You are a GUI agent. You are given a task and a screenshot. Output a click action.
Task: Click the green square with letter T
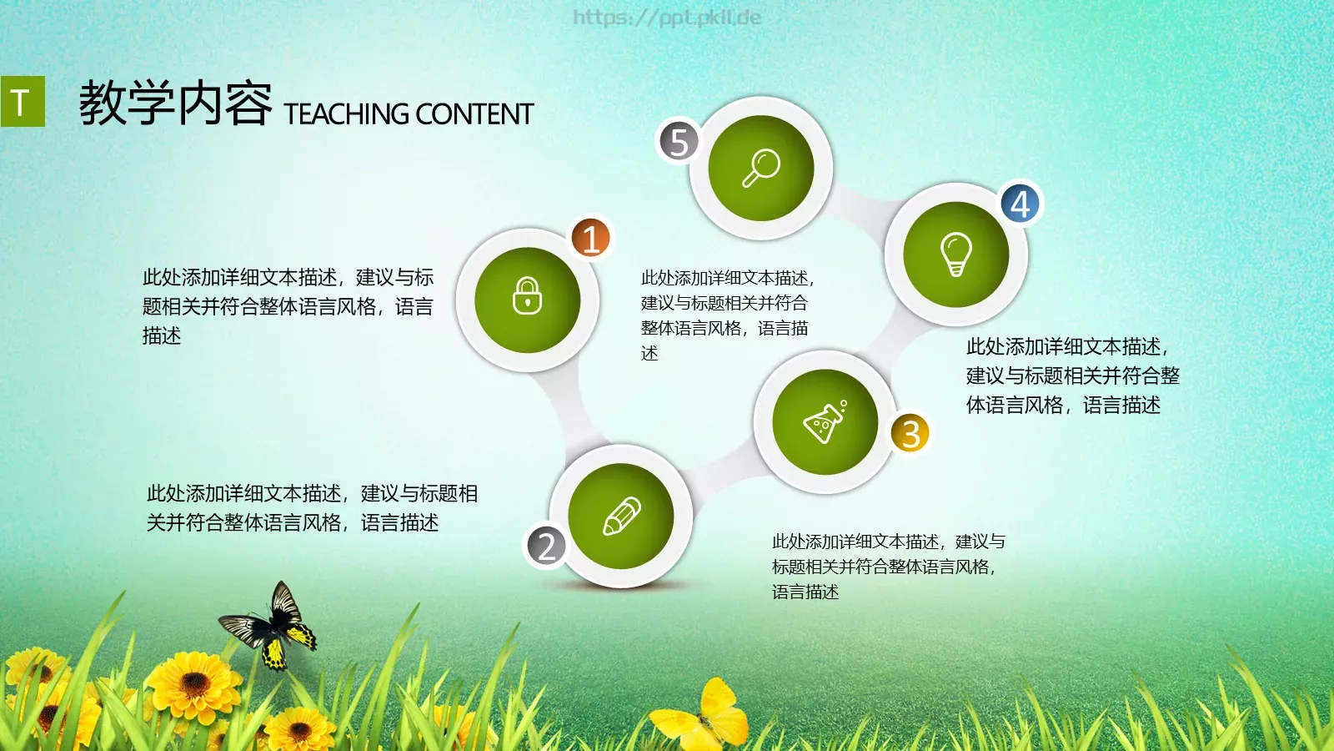[x=23, y=102]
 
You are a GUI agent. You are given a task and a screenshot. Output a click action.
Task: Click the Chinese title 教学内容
[x=175, y=104]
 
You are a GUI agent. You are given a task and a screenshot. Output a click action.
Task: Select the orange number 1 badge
[x=590, y=239]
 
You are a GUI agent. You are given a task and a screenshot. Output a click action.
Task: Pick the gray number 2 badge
[x=546, y=547]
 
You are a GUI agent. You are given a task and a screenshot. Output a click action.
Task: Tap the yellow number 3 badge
[x=910, y=433]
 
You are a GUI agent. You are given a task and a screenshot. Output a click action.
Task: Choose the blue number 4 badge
[x=1021, y=204]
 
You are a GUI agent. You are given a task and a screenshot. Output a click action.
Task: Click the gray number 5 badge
[x=679, y=141]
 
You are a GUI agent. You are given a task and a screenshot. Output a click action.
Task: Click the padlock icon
[x=527, y=297]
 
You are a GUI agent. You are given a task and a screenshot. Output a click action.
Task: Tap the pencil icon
[x=621, y=517]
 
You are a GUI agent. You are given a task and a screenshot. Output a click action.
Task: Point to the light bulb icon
[x=955, y=254]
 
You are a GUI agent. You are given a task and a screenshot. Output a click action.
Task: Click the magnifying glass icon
[x=760, y=168]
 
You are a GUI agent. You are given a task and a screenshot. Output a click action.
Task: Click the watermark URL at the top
[x=667, y=17]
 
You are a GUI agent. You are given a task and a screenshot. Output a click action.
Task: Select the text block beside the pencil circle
[x=312, y=508]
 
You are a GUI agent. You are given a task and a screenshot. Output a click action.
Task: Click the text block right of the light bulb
[x=1072, y=375]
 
